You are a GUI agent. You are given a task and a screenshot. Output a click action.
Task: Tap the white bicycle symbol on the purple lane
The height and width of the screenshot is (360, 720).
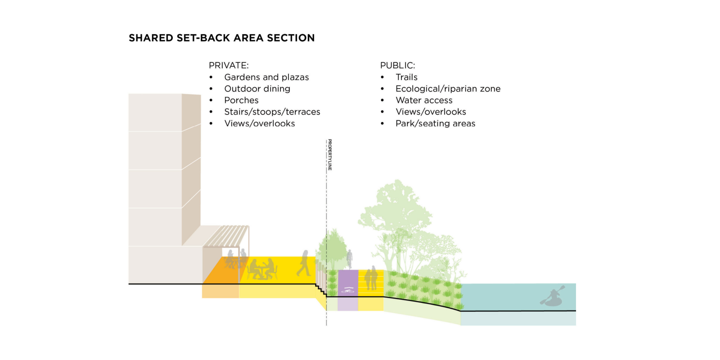coord(347,290)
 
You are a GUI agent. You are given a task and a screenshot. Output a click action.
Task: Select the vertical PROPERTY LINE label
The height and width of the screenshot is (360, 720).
coord(330,155)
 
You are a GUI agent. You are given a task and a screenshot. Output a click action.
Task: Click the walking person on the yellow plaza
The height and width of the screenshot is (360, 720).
coord(304,263)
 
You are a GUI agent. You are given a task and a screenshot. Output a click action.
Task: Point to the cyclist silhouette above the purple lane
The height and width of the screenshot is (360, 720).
coord(350,259)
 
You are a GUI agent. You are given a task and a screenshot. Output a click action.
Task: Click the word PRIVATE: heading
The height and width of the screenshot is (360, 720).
coord(229,65)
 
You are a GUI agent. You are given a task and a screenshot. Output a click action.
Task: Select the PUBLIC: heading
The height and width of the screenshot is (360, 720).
coord(397,65)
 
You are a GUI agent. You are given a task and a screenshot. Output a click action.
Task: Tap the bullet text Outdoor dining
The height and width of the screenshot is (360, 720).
coord(257,89)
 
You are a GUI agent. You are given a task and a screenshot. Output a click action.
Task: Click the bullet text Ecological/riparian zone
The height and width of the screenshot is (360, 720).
coord(448,89)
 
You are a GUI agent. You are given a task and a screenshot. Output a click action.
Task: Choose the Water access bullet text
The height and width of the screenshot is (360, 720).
coord(424,100)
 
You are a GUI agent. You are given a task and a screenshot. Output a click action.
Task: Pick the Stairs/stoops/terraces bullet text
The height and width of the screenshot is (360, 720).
coord(272,112)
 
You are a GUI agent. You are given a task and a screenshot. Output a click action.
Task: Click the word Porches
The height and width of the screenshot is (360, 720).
coord(241,100)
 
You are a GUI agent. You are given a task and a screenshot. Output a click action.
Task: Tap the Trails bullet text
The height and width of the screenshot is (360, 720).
coord(406,77)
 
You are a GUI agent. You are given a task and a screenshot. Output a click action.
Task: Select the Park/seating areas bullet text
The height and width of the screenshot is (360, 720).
coord(435,123)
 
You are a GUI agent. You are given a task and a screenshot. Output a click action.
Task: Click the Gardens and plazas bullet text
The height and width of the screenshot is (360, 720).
coord(266,77)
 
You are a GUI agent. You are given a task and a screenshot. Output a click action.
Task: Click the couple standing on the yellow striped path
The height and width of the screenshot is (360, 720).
coord(371,278)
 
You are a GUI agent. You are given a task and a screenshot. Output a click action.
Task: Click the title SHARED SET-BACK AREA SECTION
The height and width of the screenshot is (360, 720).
coord(221,38)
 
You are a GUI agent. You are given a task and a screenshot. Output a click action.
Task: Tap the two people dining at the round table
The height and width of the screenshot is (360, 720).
coord(262,269)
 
